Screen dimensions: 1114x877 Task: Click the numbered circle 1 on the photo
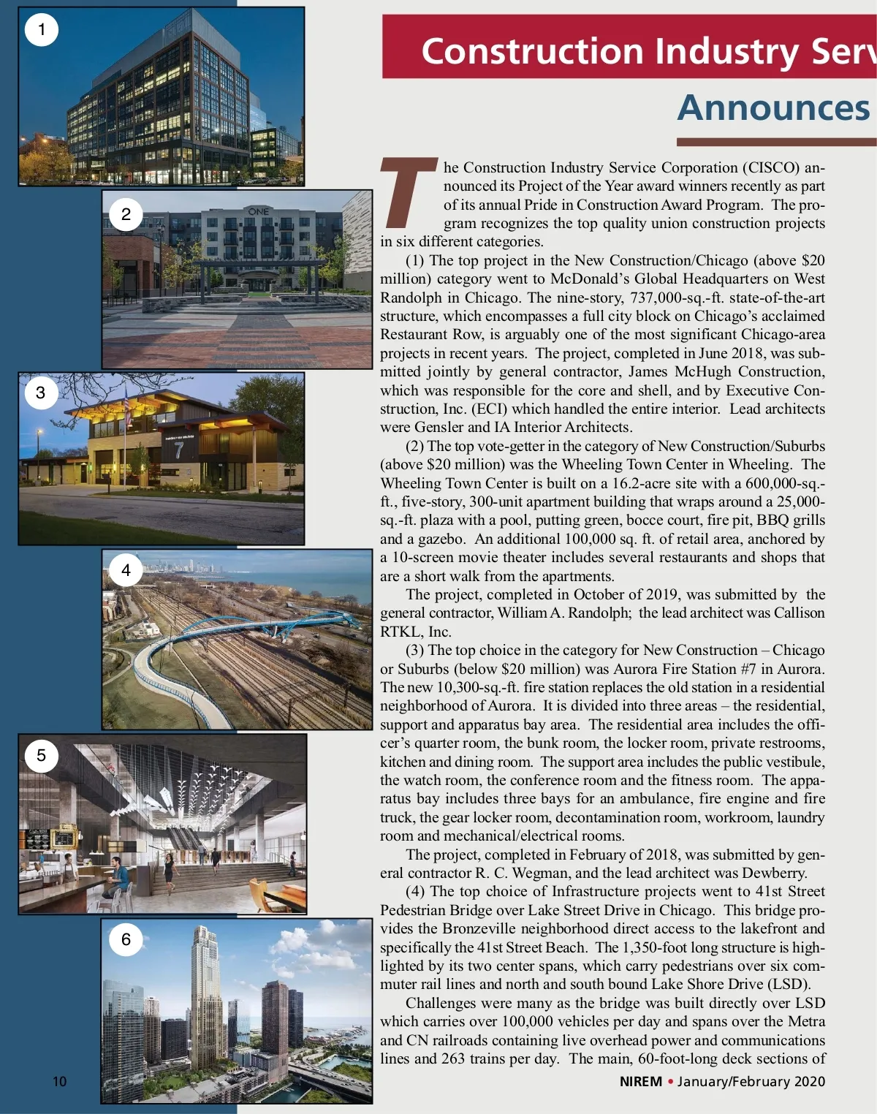[42, 30]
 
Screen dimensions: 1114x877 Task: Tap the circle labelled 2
[126, 214]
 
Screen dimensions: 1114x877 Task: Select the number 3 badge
[41, 393]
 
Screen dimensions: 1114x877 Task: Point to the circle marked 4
[126, 570]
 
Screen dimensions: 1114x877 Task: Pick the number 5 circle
[41, 755]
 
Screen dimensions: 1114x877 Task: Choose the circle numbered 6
[126, 939]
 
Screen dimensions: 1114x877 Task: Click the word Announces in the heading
[773, 108]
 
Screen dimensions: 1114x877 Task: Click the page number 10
[59, 1081]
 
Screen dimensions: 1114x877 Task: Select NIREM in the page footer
[640, 1081]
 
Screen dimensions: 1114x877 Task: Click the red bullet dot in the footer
[669, 1081]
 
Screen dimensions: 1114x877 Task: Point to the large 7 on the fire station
[178, 450]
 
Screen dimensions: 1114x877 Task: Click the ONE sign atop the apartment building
[259, 211]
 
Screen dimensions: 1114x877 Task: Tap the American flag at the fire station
[128, 406]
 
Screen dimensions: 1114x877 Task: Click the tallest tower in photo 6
[205, 987]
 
